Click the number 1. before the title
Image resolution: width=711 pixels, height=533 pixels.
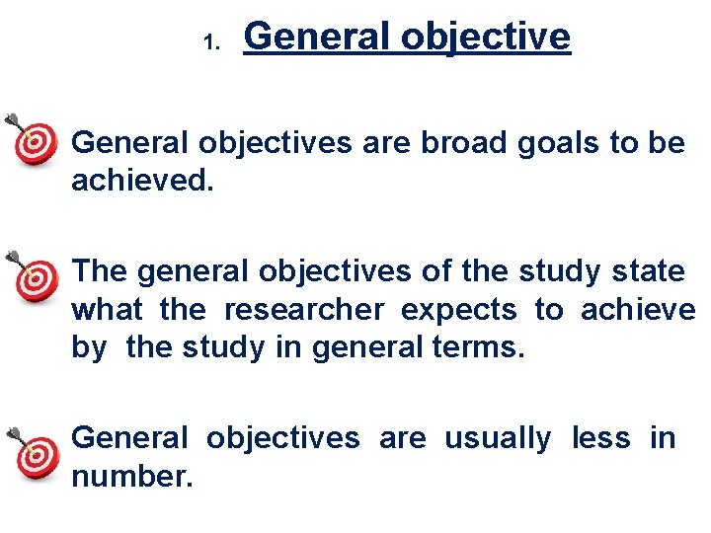(209, 42)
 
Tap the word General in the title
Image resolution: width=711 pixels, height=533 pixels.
(316, 37)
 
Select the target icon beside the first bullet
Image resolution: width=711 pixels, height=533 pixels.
(37, 142)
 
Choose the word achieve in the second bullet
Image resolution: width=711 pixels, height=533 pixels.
(638, 310)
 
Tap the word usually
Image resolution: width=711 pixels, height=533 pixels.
(498, 437)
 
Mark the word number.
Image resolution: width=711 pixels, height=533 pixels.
(131, 476)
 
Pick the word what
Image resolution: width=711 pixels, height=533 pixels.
(107, 310)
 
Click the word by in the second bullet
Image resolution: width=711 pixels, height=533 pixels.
(88, 349)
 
